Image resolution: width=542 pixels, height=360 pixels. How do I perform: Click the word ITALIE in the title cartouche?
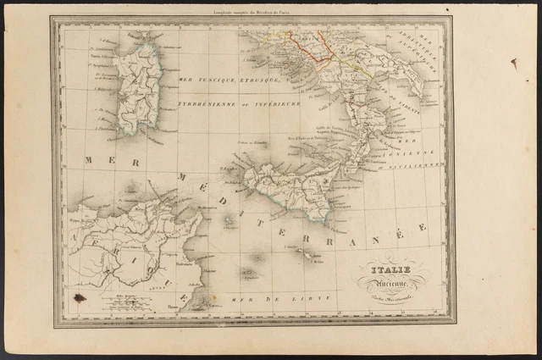pyautogui.click(x=392, y=271)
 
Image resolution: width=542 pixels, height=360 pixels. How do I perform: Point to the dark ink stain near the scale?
pyautogui.click(x=80, y=297)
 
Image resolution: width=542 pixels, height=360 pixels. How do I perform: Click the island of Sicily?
pyautogui.click(x=288, y=188)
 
